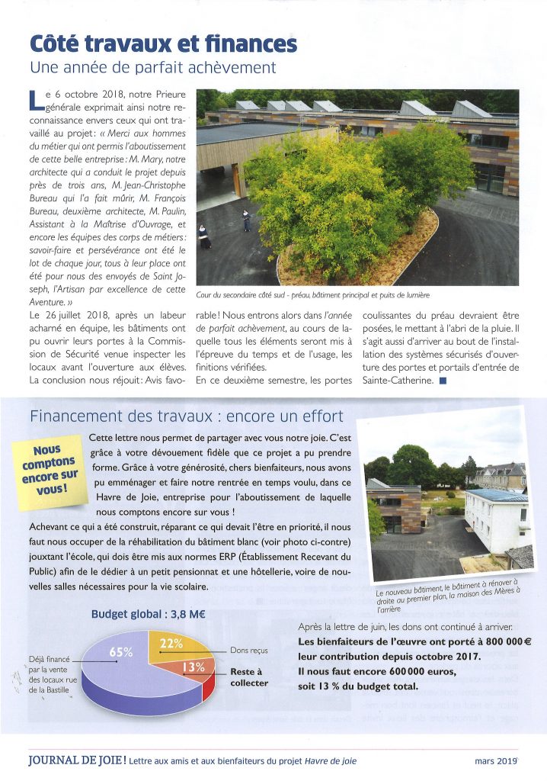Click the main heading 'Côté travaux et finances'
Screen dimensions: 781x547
pos(162,43)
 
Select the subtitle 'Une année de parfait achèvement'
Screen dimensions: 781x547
pos(152,68)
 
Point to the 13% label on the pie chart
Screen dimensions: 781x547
pos(193,667)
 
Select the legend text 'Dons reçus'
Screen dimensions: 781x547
pos(248,651)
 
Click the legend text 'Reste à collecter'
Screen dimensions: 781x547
pos(249,677)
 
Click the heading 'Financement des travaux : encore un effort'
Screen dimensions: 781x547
pos(186,416)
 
